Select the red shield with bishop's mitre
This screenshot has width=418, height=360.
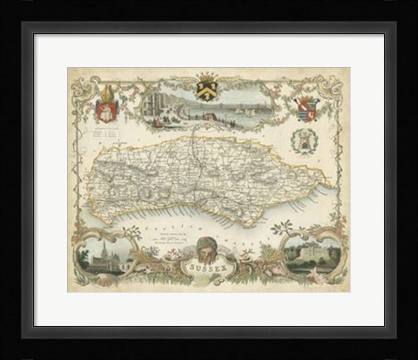click(105, 112)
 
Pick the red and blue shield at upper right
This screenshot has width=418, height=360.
click(307, 110)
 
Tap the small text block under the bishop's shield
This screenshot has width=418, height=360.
click(104, 137)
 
